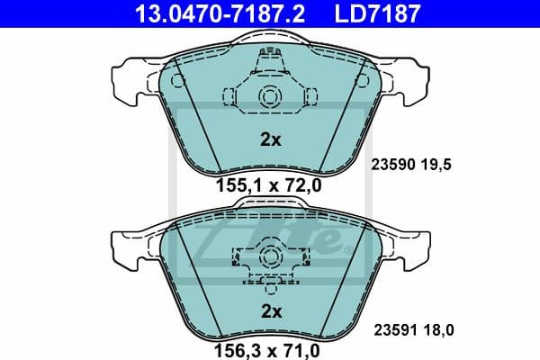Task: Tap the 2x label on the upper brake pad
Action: [271, 139]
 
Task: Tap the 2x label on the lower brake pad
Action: [271, 310]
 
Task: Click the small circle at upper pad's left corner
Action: [176, 81]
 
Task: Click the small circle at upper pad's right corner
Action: [364, 81]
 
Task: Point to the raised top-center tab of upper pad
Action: [270, 40]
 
